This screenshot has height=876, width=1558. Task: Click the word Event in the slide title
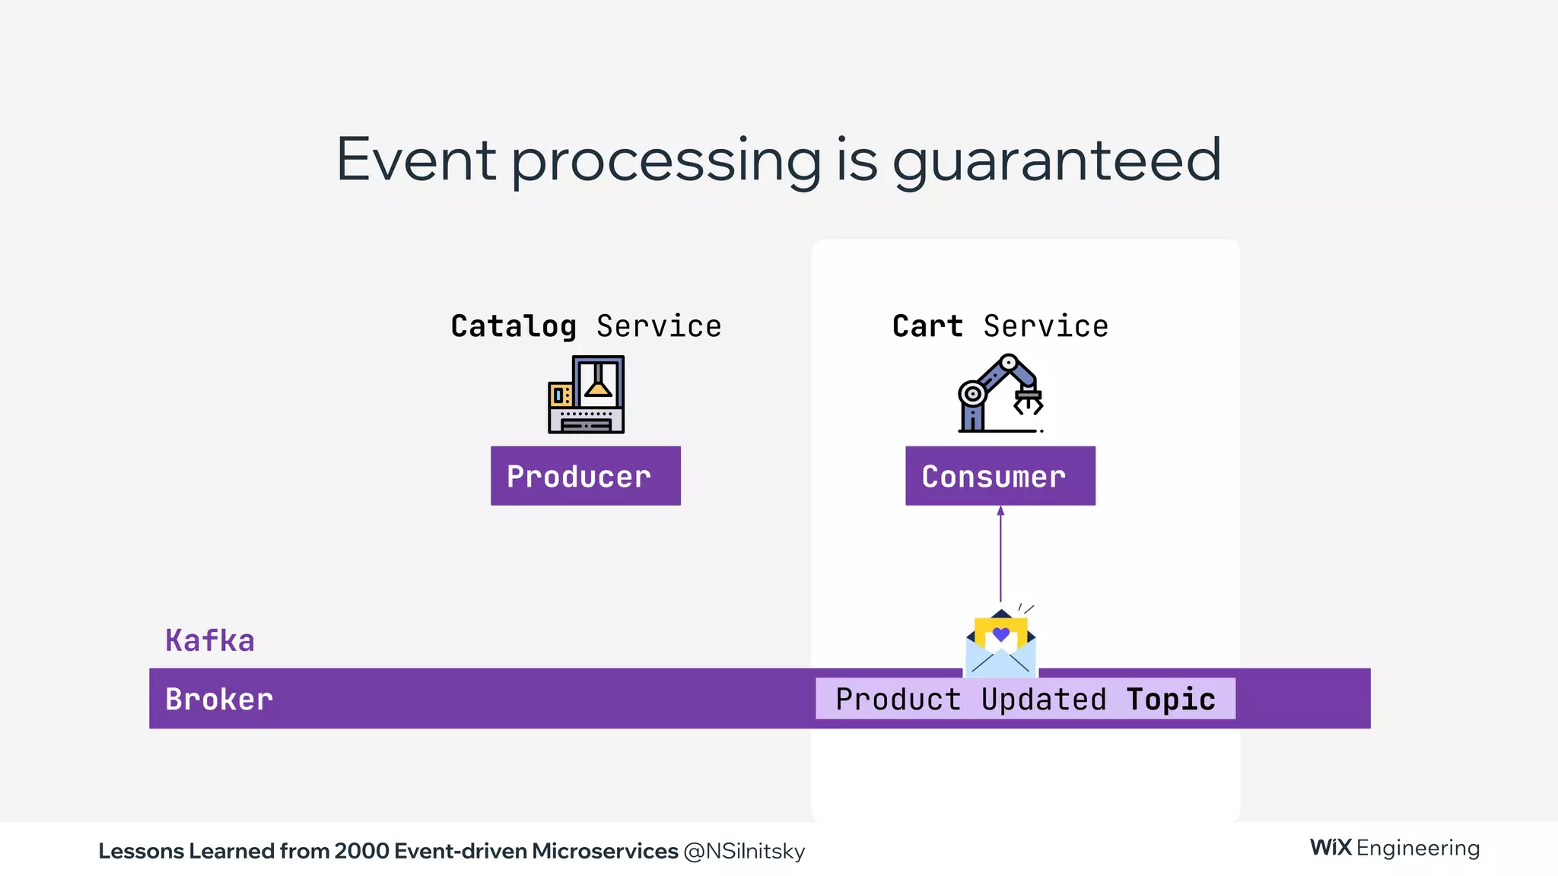point(416,160)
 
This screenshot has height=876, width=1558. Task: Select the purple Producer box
point(585,476)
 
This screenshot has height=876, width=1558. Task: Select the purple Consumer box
point(1000,476)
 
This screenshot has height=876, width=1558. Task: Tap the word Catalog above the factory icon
point(514,326)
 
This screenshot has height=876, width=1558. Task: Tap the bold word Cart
point(927,326)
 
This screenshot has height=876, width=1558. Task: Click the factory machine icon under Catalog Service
point(586,395)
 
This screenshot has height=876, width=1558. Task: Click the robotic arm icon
point(999,393)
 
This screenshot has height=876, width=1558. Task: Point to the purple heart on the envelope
point(1001,633)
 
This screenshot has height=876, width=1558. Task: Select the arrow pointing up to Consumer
point(1000,554)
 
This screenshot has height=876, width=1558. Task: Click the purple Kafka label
point(210,640)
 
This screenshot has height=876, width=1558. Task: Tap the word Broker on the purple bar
point(219,700)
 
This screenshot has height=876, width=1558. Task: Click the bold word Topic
point(1171,700)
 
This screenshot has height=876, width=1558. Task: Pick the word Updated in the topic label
point(1044,700)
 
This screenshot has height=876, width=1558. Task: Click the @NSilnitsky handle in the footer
point(744,851)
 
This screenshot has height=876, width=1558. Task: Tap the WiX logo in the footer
point(1331,847)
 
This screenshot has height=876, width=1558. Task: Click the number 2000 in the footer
point(361,851)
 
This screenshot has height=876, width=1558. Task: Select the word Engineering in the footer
point(1418,848)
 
